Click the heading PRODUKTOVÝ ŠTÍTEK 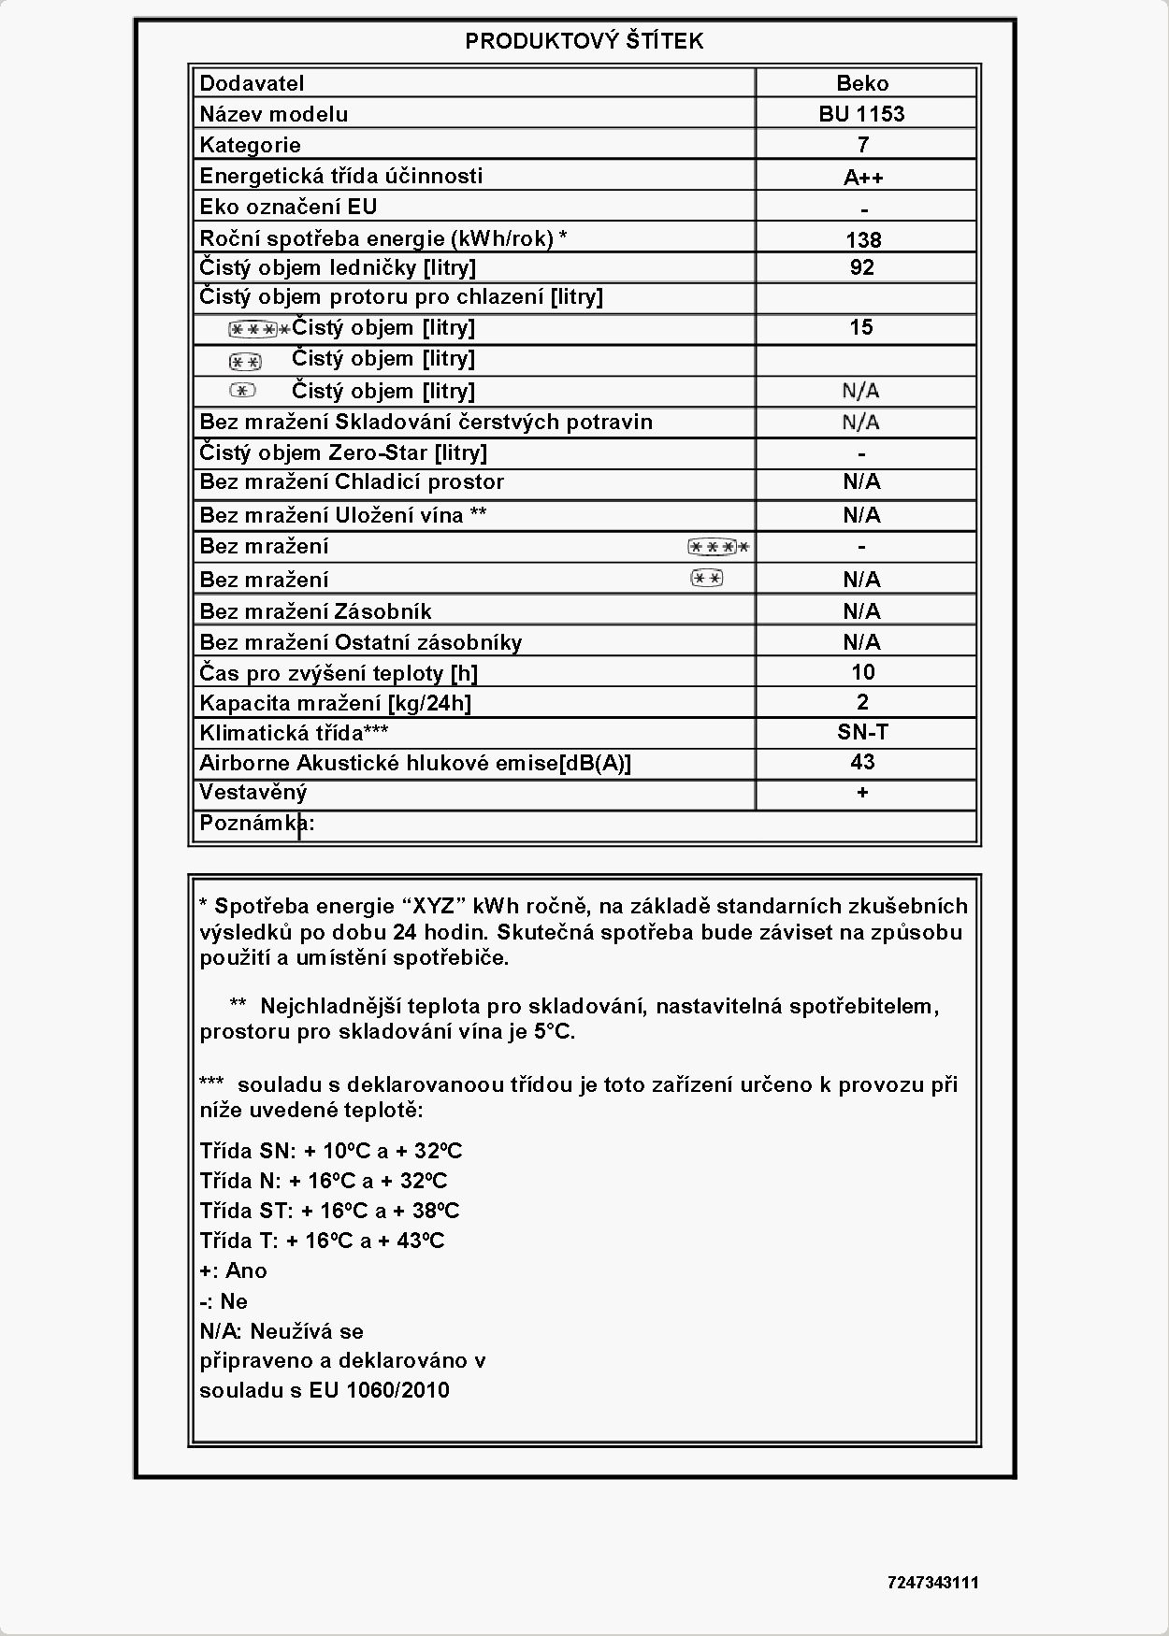[584, 41]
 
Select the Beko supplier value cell [862, 83]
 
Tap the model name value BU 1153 [862, 114]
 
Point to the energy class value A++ [862, 177]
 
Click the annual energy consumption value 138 [862, 239]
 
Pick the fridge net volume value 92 [862, 267]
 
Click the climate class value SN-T [862, 732]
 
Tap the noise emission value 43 [862, 762]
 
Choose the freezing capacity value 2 [862, 702]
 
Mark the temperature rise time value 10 [862, 672]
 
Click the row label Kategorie [250, 145]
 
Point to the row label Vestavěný [253, 793]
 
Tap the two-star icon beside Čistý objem [245, 361]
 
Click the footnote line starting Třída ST [329, 1211]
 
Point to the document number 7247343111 [932, 1583]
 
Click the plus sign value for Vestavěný [862, 793]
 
